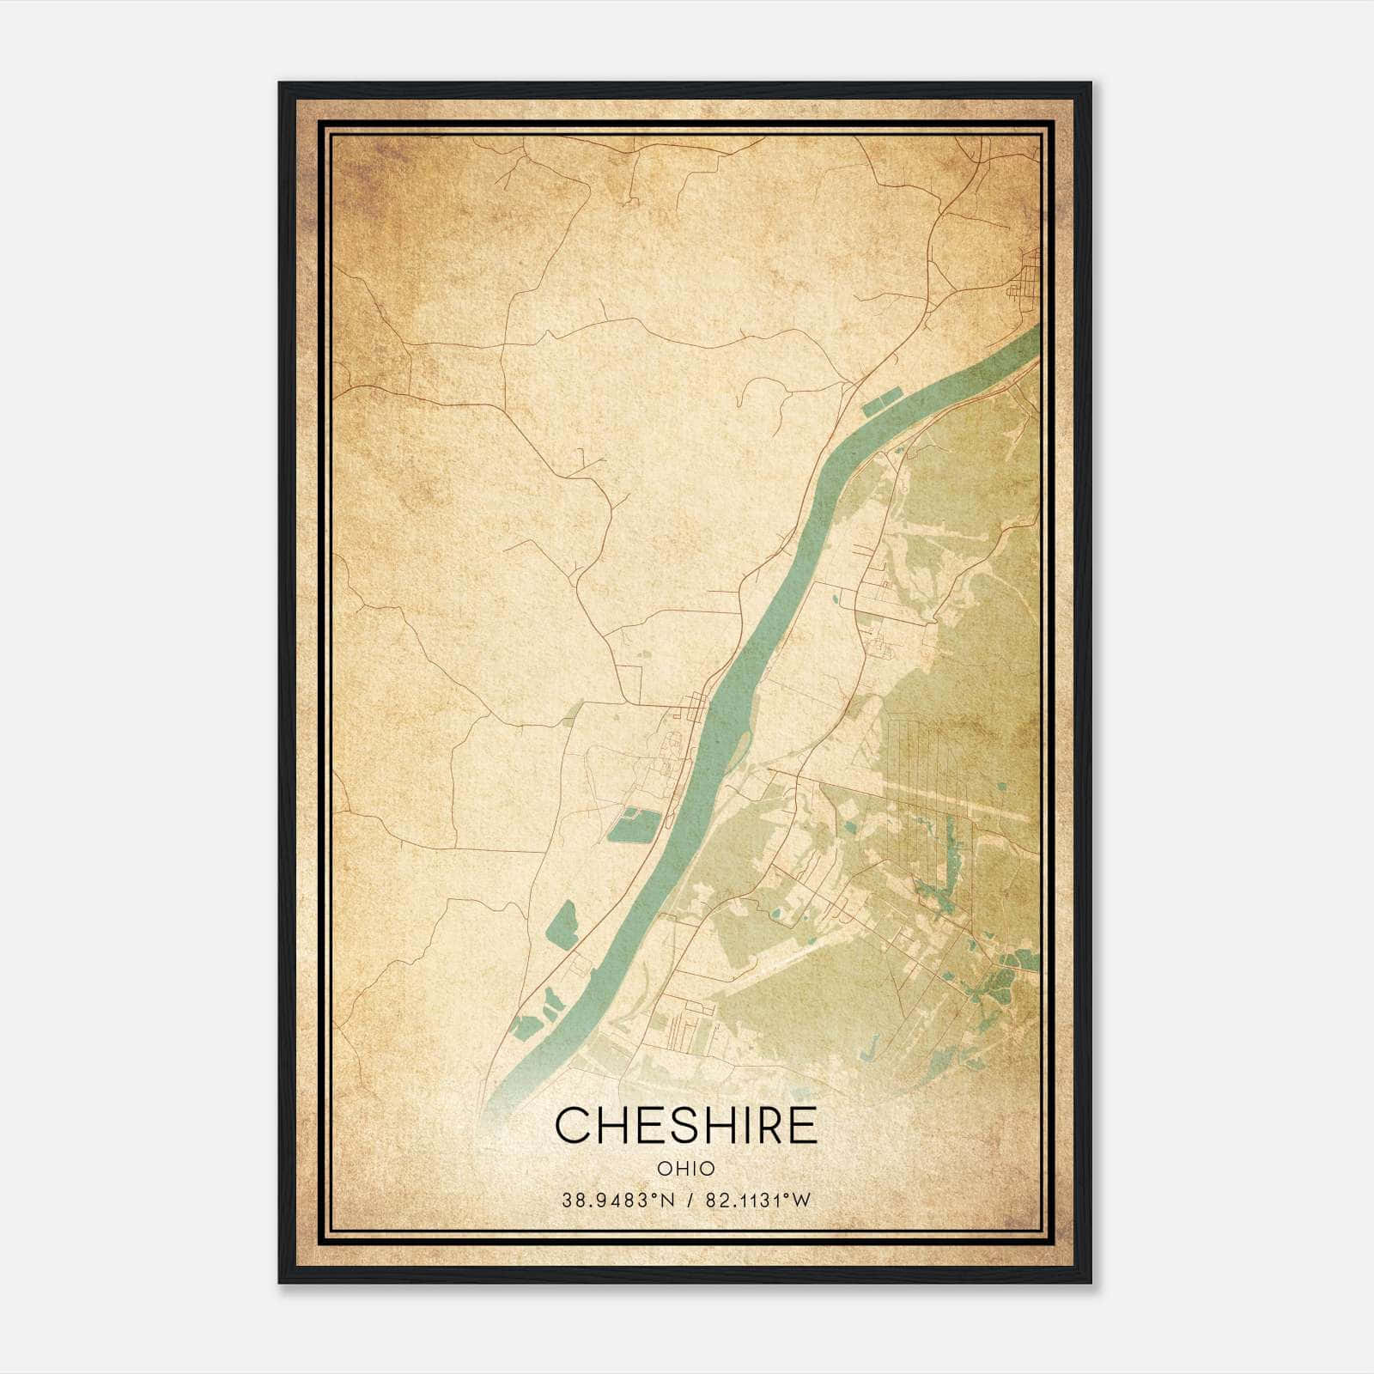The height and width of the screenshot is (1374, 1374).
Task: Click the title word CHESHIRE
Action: pyautogui.click(x=686, y=1126)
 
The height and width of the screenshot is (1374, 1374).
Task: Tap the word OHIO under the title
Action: pyautogui.click(x=686, y=1168)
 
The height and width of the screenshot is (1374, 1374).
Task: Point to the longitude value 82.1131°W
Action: pyautogui.click(x=757, y=1201)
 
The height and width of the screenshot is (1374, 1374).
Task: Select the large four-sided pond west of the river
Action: pyautogui.click(x=635, y=824)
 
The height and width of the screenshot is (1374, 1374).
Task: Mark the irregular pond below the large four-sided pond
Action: pyautogui.click(x=562, y=926)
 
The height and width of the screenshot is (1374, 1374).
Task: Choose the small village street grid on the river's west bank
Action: pyautogui.click(x=692, y=709)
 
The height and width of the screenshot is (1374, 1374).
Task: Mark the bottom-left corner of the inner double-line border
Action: pyautogui.click(x=325, y=1239)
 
